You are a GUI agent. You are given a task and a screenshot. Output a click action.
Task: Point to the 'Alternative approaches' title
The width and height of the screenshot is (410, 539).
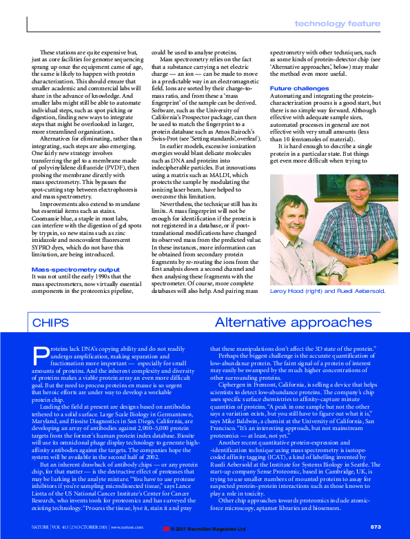[x=293, y=323]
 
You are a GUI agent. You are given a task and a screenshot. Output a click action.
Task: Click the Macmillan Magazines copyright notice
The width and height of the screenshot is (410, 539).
[x=207, y=529]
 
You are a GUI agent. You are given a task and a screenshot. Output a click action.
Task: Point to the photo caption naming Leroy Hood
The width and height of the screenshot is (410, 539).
[x=327, y=292]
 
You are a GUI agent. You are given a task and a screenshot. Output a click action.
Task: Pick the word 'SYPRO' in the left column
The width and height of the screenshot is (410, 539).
[x=43, y=246]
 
